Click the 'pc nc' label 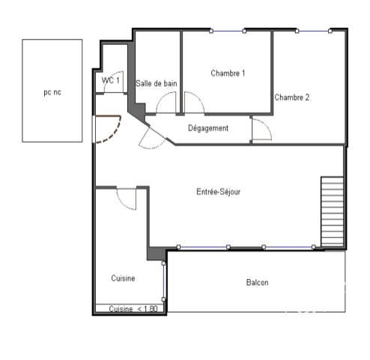click(52, 92)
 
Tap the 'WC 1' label click(110, 80)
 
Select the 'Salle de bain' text click(157, 83)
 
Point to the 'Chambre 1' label click(228, 73)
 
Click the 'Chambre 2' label click(292, 97)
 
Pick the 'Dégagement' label click(208, 128)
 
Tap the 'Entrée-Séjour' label click(219, 192)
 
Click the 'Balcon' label click(258, 283)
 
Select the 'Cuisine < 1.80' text click(133, 309)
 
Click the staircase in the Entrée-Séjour click(333, 211)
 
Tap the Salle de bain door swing click(166, 103)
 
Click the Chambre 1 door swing click(194, 103)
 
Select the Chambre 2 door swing click(262, 129)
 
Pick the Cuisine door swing click(127, 199)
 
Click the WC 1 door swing click(114, 82)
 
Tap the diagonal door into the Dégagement click(152, 138)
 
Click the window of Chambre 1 click(228, 31)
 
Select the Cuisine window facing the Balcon click(163, 281)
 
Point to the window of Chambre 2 click(314, 31)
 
